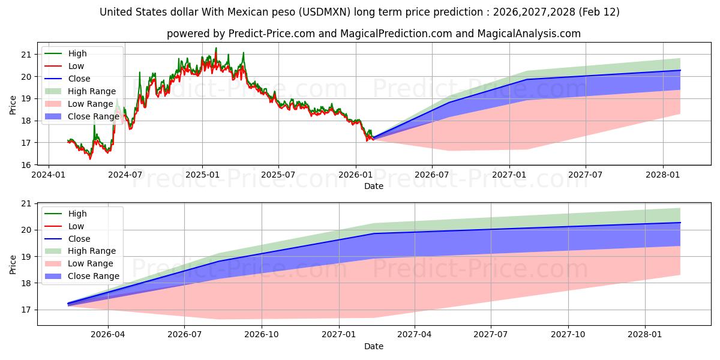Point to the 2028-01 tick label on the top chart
click(663, 175)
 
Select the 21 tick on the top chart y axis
click(26, 55)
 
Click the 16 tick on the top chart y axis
click(26, 165)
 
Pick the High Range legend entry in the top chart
click(89, 91)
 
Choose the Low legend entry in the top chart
click(76, 66)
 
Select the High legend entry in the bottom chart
click(77, 214)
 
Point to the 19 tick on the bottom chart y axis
click(26, 256)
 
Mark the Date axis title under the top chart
click(373, 187)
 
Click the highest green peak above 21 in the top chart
click(216, 48)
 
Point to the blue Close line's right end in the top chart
click(680, 70)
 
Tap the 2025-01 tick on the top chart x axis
click(202, 175)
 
